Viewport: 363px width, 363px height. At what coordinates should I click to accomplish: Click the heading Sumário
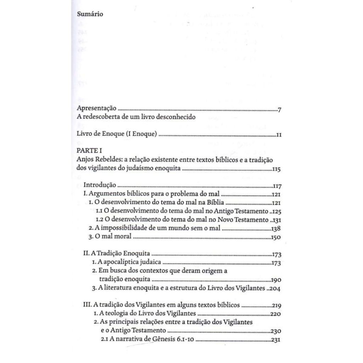point(90,15)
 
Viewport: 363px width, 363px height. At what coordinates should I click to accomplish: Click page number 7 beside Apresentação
point(279,110)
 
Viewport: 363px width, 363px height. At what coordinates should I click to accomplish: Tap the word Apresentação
point(97,109)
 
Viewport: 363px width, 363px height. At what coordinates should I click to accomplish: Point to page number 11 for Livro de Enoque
point(278,135)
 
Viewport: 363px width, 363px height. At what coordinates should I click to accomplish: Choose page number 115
point(277,169)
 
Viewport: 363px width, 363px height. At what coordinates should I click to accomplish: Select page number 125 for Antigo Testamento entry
point(276,212)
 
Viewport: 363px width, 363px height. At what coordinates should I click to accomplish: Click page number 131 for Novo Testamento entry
point(276,220)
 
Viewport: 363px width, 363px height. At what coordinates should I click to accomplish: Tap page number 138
point(276,229)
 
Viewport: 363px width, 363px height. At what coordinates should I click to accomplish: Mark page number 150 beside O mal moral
point(276,237)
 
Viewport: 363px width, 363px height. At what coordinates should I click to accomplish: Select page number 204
point(275,288)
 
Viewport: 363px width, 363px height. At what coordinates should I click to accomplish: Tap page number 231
point(275,340)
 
